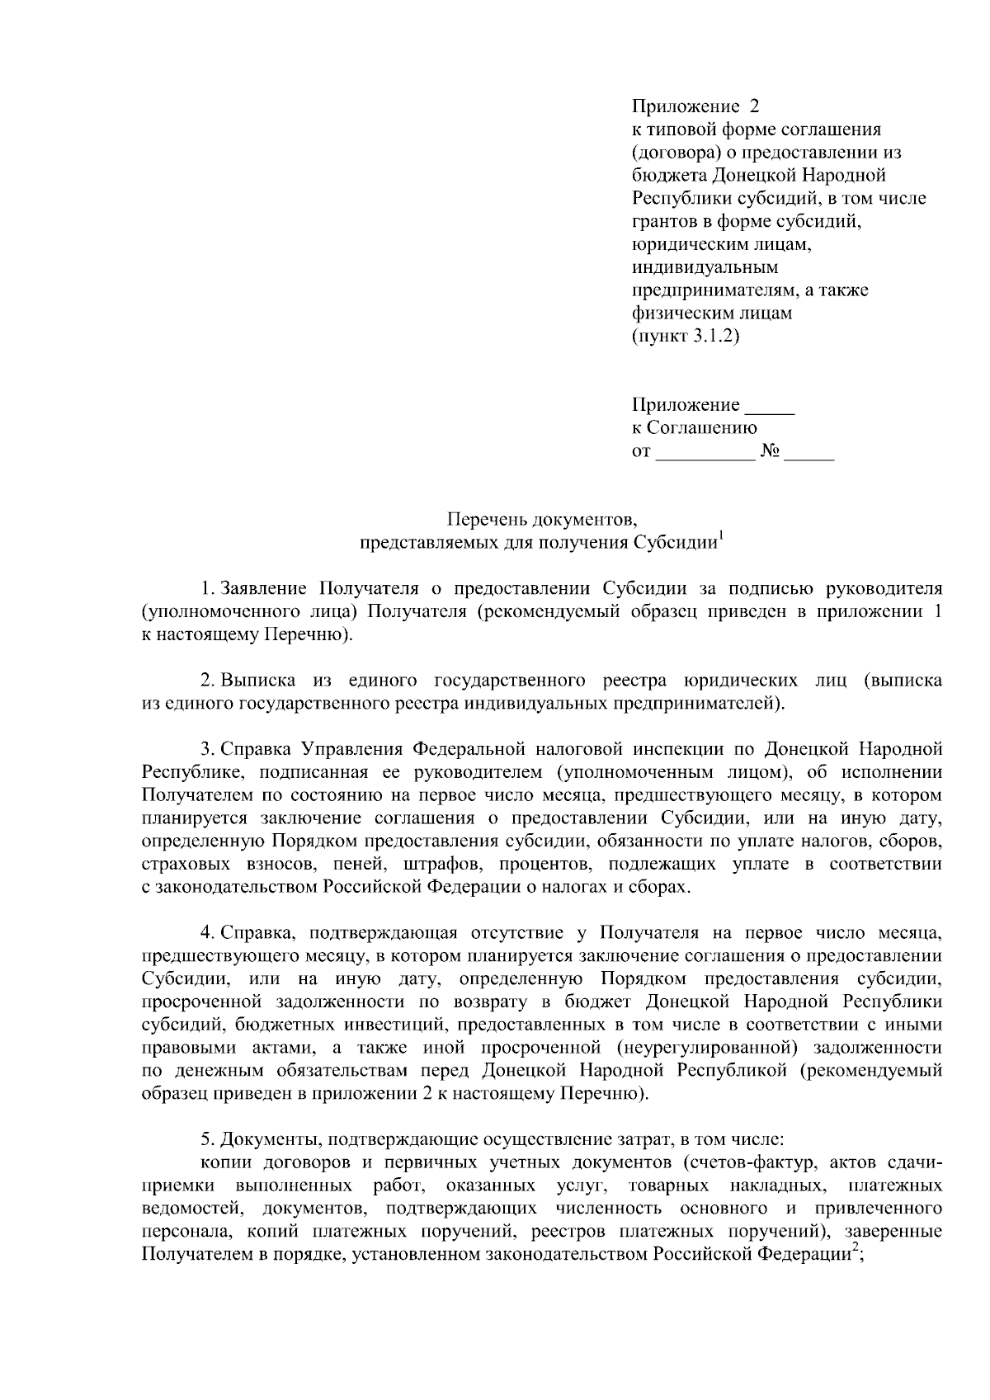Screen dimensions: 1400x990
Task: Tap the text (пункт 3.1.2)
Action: pos(685,337)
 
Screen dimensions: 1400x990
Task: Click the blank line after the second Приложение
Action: pos(768,406)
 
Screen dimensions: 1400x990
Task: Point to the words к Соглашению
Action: pos(694,428)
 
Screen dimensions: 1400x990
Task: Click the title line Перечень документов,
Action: pos(542,519)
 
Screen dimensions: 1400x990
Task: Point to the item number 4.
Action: pos(207,933)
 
